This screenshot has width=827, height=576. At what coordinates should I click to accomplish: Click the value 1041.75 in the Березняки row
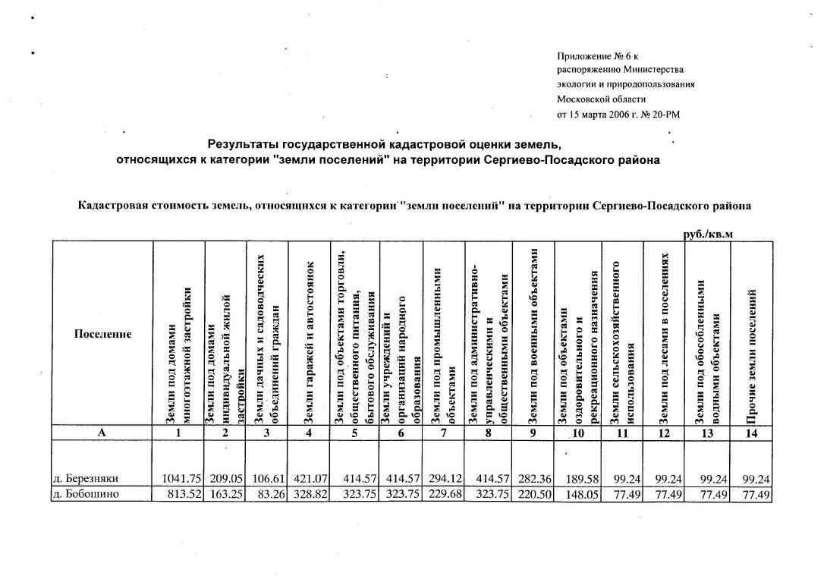pos(181,479)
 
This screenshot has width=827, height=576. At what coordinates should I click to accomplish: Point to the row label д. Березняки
pos(86,479)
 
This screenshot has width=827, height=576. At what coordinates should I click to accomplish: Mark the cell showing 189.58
pos(582,479)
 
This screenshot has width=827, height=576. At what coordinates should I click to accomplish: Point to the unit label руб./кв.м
pos(709,234)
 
